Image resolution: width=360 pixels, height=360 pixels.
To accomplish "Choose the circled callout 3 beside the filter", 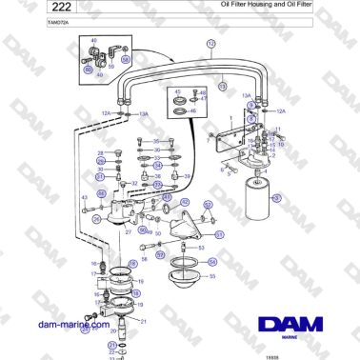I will coord(277,197).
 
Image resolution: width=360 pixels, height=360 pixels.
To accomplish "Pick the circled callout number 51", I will coord(219,234).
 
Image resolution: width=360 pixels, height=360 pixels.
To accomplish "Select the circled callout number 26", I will coord(97,219).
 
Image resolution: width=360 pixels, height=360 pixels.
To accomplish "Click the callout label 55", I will coord(211,276).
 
